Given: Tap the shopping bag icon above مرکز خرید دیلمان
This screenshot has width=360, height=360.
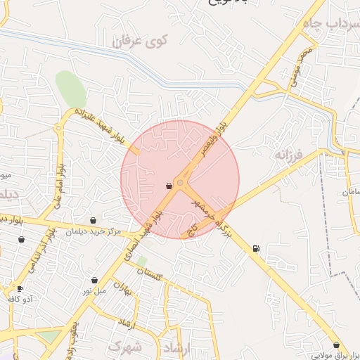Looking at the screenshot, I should tap(94, 220).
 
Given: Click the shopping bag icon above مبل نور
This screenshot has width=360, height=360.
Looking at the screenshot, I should tap(94, 280).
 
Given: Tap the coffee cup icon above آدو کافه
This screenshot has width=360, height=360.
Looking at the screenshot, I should tap(20, 288).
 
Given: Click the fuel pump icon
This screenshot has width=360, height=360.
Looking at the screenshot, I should tap(255, 247).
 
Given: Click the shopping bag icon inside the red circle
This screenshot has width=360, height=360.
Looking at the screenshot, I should tap(169, 186).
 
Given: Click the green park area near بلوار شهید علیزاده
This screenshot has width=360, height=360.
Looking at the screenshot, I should tap(71, 89).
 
